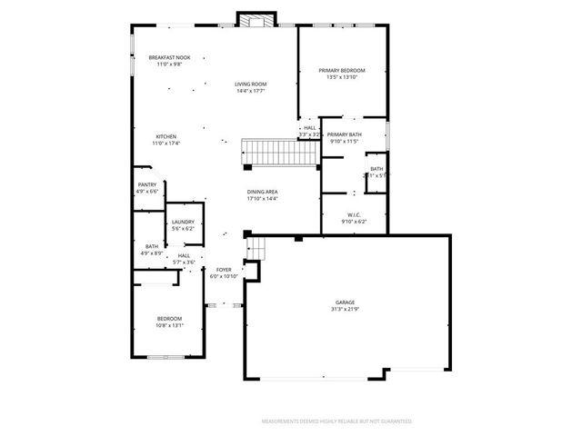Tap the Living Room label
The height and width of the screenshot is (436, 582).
tap(250, 84)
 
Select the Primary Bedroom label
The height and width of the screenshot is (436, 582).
tap(342, 70)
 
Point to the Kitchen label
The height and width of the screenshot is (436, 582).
tap(166, 136)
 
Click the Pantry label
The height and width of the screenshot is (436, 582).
tap(146, 184)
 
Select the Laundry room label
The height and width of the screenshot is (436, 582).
tap(184, 222)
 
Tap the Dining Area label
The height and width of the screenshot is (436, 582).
tap(262, 192)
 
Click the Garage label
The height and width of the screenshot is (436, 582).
tap(345, 302)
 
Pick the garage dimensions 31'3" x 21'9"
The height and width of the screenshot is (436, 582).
tap(345, 309)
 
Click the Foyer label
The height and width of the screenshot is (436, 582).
tap(223, 270)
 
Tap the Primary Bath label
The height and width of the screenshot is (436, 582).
tap(345, 134)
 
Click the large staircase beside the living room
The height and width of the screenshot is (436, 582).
tap(278, 154)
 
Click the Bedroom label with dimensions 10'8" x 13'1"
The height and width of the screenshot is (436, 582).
tap(170, 318)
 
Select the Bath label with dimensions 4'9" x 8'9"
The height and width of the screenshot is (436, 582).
tap(152, 246)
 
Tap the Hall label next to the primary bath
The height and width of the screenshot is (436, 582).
tap(309, 128)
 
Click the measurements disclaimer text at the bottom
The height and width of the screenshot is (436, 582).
tap(336, 421)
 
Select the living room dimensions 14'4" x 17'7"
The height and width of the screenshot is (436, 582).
tap(250, 91)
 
